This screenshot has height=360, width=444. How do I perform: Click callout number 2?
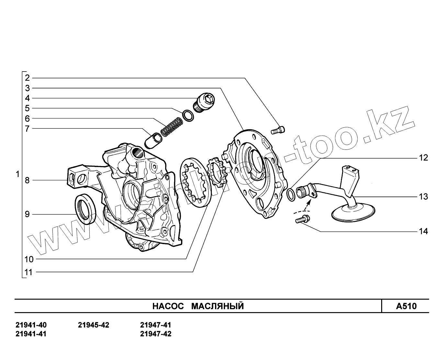pyautogui.click(x=27, y=78)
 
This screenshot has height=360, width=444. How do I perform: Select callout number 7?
pyautogui.click(x=27, y=129)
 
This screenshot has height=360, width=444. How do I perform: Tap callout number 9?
pyautogui.click(x=27, y=214)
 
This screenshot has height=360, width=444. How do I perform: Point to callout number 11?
pyautogui.click(x=28, y=272)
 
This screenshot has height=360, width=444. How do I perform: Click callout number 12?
pyautogui.click(x=423, y=158)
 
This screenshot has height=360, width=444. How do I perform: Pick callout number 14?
pyautogui.click(x=423, y=231)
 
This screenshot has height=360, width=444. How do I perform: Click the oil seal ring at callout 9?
pyautogui.click(x=85, y=209)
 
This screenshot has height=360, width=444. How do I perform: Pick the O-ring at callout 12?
pyautogui.click(x=291, y=193)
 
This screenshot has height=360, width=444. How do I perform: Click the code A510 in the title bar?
pyautogui.click(x=406, y=306)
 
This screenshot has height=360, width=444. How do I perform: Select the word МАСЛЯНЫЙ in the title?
pyautogui.click(x=217, y=306)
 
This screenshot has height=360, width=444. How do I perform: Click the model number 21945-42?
pyautogui.click(x=94, y=325)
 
